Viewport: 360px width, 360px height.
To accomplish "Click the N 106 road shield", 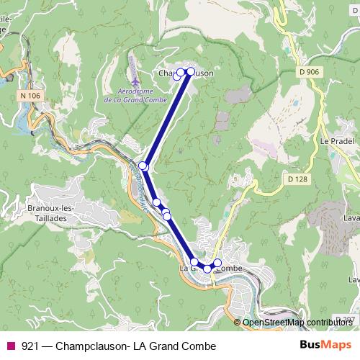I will pyautogui.click(x=30, y=96).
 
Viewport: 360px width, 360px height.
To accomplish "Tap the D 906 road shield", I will pyautogui.click(x=308, y=71).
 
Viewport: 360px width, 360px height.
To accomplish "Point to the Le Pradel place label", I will pyautogui.click(x=335, y=142).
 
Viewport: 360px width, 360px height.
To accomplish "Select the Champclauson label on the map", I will pyautogui.click(x=185, y=73).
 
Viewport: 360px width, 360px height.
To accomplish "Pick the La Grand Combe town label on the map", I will pyautogui.click(x=212, y=269).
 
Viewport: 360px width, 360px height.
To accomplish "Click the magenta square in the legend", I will pyautogui.click(x=11, y=345).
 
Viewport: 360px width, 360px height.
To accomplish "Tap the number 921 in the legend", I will pyautogui.click(x=30, y=345).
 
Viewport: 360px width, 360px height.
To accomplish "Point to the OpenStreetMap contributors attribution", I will pyautogui.click(x=297, y=322).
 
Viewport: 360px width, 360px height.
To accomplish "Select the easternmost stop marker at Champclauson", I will pyautogui.click(x=191, y=71).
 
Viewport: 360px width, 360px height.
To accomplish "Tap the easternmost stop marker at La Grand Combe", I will pyautogui.click(x=218, y=263).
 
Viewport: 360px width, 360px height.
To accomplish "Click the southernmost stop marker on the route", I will pyautogui.click(x=207, y=269).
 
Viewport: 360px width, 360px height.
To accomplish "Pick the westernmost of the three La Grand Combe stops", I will pyautogui.click(x=194, y=261).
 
